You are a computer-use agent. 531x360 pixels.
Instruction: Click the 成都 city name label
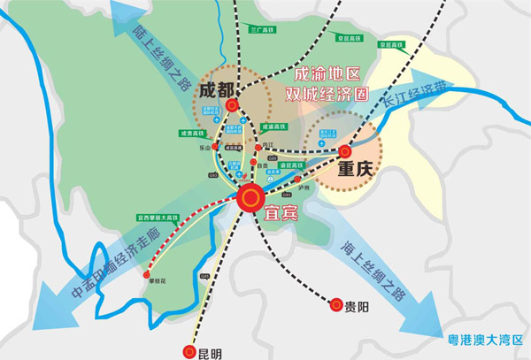tap(217, 91)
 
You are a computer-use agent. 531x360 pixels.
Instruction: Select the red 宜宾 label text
tap(281, 213)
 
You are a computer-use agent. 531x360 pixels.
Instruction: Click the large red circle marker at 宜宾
tap(251, 197)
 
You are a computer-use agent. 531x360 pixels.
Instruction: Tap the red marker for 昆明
tap(189, 352)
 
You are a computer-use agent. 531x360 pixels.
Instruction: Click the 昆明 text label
tap(209, 353)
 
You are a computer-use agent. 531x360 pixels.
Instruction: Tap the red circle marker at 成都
tap(232, 105)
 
